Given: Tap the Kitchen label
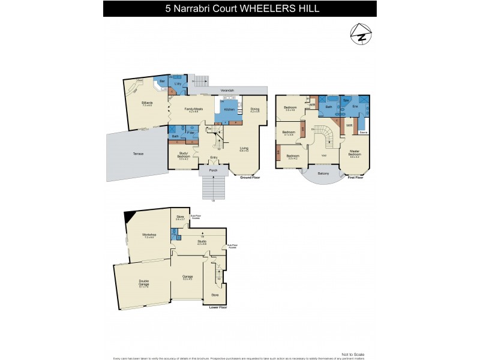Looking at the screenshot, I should (x=229, y=110).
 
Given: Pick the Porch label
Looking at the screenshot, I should (x=213, y=170).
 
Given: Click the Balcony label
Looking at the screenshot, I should (x=323, y=173).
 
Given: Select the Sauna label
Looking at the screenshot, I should (x=362, y=131).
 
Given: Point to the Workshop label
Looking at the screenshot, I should (x=149, y=235).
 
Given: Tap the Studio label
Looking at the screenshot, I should (x=202, y=241).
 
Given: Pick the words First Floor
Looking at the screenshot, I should (x=356, y=178).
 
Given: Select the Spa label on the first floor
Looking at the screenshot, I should (x=346, y=100).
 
